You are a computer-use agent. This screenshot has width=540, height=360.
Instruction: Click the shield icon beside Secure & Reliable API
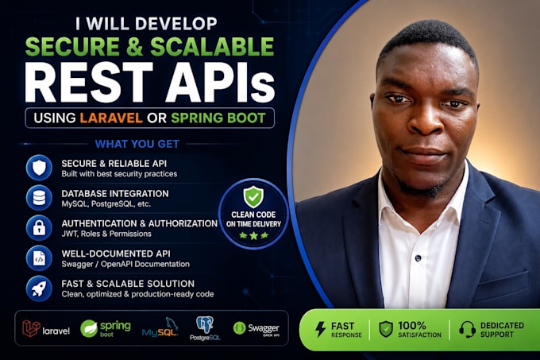(x=39, y=168)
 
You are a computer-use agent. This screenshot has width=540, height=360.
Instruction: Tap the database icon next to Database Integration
(x=39, y=198)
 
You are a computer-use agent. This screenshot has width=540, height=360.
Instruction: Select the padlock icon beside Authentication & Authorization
(x=39, y=228)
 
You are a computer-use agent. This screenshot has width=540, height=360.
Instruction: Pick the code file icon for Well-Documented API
(x=39, y=258)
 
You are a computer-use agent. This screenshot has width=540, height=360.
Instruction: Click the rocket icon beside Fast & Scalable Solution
(x=39, y=288)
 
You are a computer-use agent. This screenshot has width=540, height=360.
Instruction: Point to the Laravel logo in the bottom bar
(x=46, y=328)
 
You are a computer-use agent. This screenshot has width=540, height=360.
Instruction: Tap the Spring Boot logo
(x=106, y=328)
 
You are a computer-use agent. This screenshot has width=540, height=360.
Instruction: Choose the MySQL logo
(x=160, y=327)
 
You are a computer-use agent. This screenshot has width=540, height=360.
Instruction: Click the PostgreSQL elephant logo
(x=205, y=329)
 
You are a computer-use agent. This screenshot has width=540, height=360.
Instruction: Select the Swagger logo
(x=256, y=328)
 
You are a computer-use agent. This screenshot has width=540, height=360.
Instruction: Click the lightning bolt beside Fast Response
(x=320, y=329)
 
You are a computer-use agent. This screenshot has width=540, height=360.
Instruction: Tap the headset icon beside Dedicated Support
(x=467, y=329)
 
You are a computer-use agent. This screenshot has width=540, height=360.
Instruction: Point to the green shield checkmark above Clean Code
(x=253, y=197)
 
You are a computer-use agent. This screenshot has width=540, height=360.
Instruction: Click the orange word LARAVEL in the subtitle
(x=111, y=118)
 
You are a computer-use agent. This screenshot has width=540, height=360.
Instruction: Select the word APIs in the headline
(x=221, y=83)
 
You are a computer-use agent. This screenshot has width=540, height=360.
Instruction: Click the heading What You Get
(x=137, y=144)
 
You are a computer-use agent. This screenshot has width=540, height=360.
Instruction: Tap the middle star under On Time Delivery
(x=254, y=236)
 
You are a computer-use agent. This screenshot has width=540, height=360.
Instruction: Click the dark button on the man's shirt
(x=418, y=257)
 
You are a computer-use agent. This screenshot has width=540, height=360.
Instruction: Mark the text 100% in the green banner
(x=412, y=326)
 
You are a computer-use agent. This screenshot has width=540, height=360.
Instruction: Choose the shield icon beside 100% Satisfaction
(x=386, y=329)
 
